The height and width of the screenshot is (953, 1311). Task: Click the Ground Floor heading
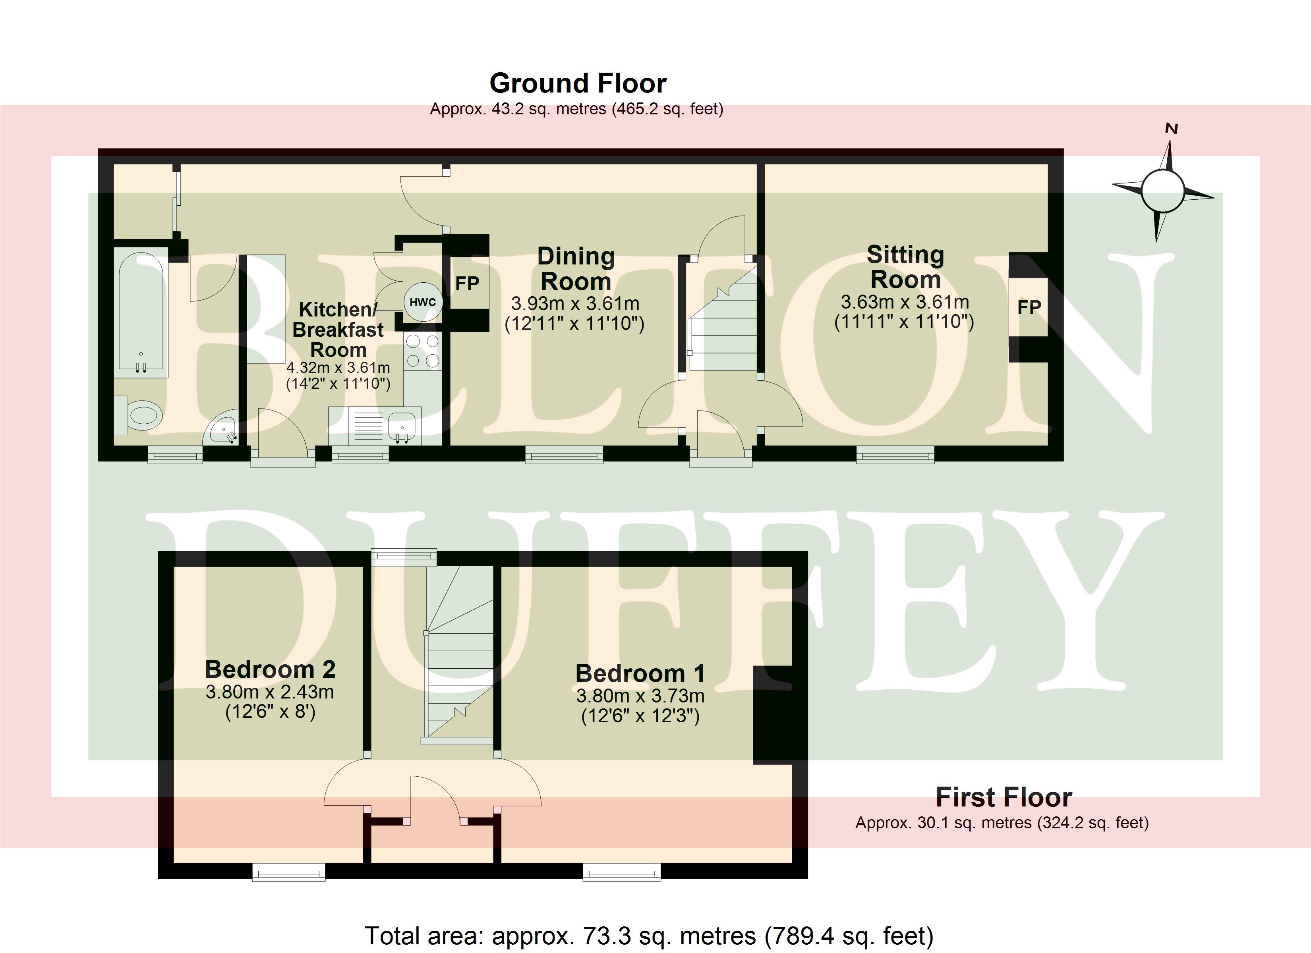click(578, 83)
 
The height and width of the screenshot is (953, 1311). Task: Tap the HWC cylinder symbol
click(423, 302)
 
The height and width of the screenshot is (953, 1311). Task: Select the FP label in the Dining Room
click(467, 284)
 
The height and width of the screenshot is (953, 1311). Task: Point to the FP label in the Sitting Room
click(1029, 307)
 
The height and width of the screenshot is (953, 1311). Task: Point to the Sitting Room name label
click(905, 267)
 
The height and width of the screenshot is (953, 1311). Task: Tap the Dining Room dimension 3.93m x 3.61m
click(575, 303)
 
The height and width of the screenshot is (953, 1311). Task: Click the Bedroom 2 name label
click(270, 669)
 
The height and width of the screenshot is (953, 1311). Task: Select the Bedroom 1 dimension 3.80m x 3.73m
click(640, 695)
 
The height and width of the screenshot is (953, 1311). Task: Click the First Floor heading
click(1004, 797)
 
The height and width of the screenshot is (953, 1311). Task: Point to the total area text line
click(649, 936)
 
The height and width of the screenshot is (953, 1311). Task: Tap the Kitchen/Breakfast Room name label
click(338, 330)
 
